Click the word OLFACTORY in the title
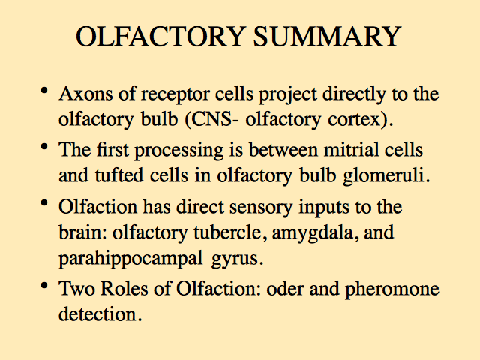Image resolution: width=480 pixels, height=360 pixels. click(x=160, y=36)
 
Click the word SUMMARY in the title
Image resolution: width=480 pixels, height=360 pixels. click(x=327, y=36)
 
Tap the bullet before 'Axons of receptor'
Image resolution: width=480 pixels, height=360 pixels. click(x=44, y=91)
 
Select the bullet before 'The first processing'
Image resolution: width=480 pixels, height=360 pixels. click(x=44, y=147)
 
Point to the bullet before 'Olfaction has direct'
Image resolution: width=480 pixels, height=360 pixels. click(x=44, y=203)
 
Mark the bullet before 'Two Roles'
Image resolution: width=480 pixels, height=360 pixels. click(x=44, y=285)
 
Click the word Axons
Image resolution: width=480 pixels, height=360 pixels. click(x=86, y=93)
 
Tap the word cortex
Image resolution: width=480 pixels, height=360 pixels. click(x=354, y=120)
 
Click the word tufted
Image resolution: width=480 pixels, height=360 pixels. click(x=119, y=175)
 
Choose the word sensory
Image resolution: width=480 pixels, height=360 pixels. click(x=261, y=208)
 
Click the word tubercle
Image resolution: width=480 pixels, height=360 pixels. click(x=228, y=232)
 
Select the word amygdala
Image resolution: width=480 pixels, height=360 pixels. click(x=315, y=233)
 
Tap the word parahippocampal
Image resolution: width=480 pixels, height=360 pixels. click(x=130, y=259)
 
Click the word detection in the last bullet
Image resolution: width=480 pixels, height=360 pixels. click(x=97, y=314)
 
